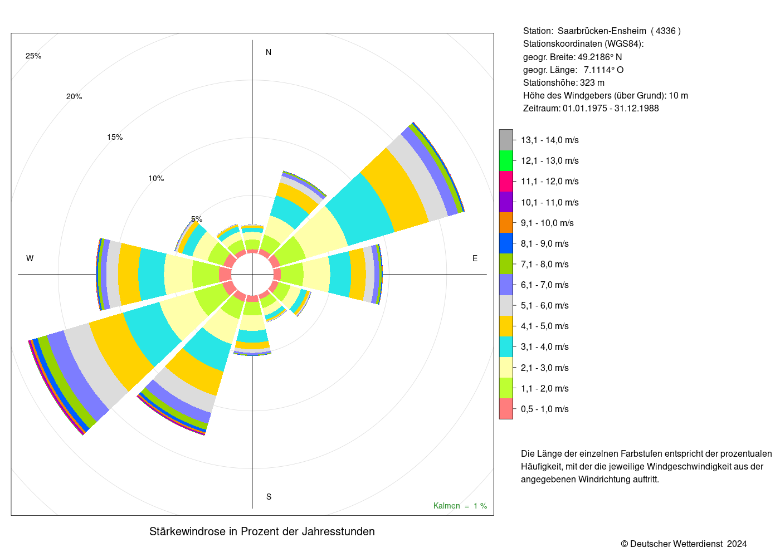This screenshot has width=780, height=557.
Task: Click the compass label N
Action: click(269, 52)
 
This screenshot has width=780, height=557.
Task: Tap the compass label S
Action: click(269, 497)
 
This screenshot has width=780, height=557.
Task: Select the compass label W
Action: click(30, 258)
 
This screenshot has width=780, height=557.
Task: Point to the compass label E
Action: click(475, 258)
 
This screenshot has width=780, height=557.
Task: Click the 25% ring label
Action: click(33, 56)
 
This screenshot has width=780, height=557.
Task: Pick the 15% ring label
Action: click(115, 137)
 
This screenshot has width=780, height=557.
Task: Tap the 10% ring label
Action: click(156, 178)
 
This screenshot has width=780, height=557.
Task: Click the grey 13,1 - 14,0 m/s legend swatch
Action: click(506, 140)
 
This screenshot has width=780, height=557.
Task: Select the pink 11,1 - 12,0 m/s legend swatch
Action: click(506, 182)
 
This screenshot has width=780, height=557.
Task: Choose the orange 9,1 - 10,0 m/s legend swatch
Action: click(506, 223)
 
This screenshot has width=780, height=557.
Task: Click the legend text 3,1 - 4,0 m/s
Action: click(545, 346)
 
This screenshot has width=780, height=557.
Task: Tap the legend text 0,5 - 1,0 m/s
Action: click(545, 409)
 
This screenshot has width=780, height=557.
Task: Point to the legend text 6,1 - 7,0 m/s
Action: click(545, 285)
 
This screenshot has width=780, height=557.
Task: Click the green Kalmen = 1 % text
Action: click(460, 506)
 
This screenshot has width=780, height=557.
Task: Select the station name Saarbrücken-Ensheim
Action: click(602, 31)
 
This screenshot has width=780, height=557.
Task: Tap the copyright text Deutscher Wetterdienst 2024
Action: click(689, 544)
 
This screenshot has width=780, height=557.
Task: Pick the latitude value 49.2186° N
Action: click(599, 57)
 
